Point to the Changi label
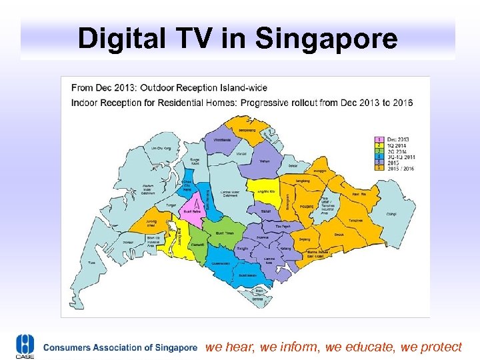click(392, 215)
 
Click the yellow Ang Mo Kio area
click(264, 192)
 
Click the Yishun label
click(265, 161)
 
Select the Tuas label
click(92, 264)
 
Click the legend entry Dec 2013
click(397, 139)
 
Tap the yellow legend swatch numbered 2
click(379, 144)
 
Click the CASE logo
click(25, 347)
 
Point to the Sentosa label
click(259, 299)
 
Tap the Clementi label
click(198, 245)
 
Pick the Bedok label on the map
click(339, 235)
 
